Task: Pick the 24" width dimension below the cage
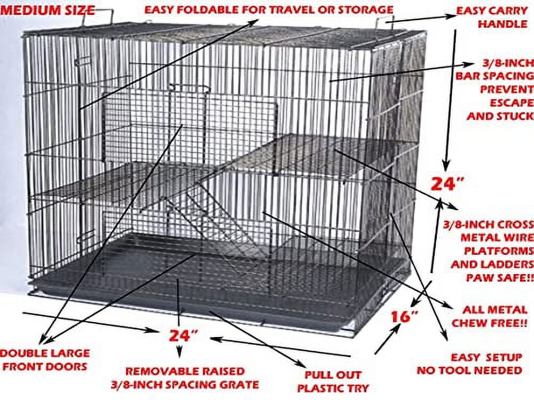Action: [x=183, y=335]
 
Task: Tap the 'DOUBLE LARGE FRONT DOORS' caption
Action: [x=45, y=359]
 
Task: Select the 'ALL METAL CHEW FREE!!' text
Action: [x=489, y=316]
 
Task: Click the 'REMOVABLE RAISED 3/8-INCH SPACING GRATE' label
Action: [x=192, y=377]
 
